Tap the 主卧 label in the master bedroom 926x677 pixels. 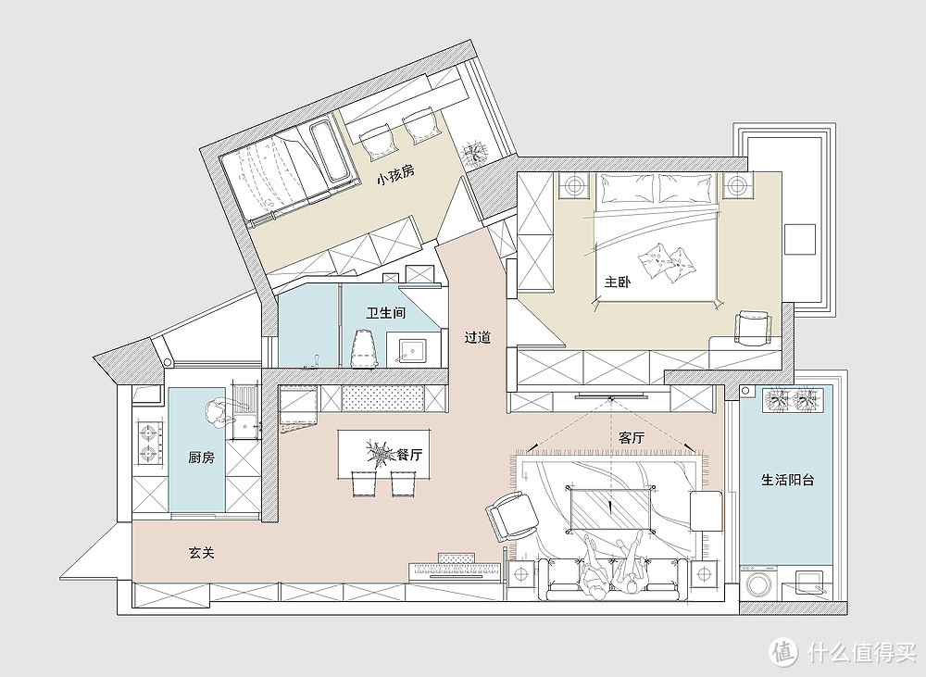(x=617, y=282)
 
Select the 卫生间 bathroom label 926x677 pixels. (x=385, y=312)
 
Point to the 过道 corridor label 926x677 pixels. (x=477, y=338)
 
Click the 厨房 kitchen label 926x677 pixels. (x=201, y=457)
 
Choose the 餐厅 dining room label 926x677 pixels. (x=409, y=455)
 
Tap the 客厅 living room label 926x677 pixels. (x=631, y=438)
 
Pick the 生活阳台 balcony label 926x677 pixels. (x=787, y=480)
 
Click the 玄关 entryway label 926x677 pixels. (x=201, y=553)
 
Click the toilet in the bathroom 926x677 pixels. (x=365, y=348)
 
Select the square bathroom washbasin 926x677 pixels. (x=412, y=351)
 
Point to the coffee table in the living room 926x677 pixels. (x=610, y=508)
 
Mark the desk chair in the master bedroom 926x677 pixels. (x=752, y=327)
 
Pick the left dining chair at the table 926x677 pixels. (x=364, y=483)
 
